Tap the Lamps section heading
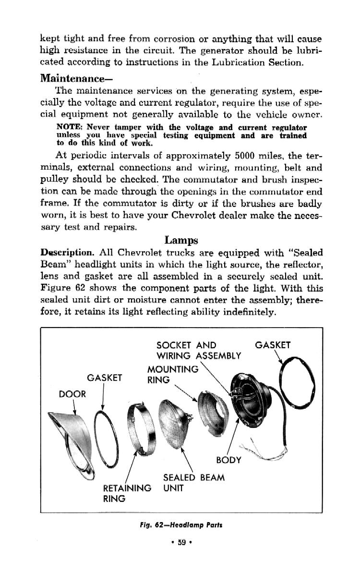tap(181, 239)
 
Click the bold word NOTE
tap(70, 128)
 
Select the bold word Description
tap(67, 253)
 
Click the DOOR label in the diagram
tap(72, 394)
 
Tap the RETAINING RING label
tap(127, 493)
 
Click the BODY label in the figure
tap(228, 460)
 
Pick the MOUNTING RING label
tap(172, 374)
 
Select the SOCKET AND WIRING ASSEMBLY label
tap(198, 351)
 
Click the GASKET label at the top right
tap(272, 345)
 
